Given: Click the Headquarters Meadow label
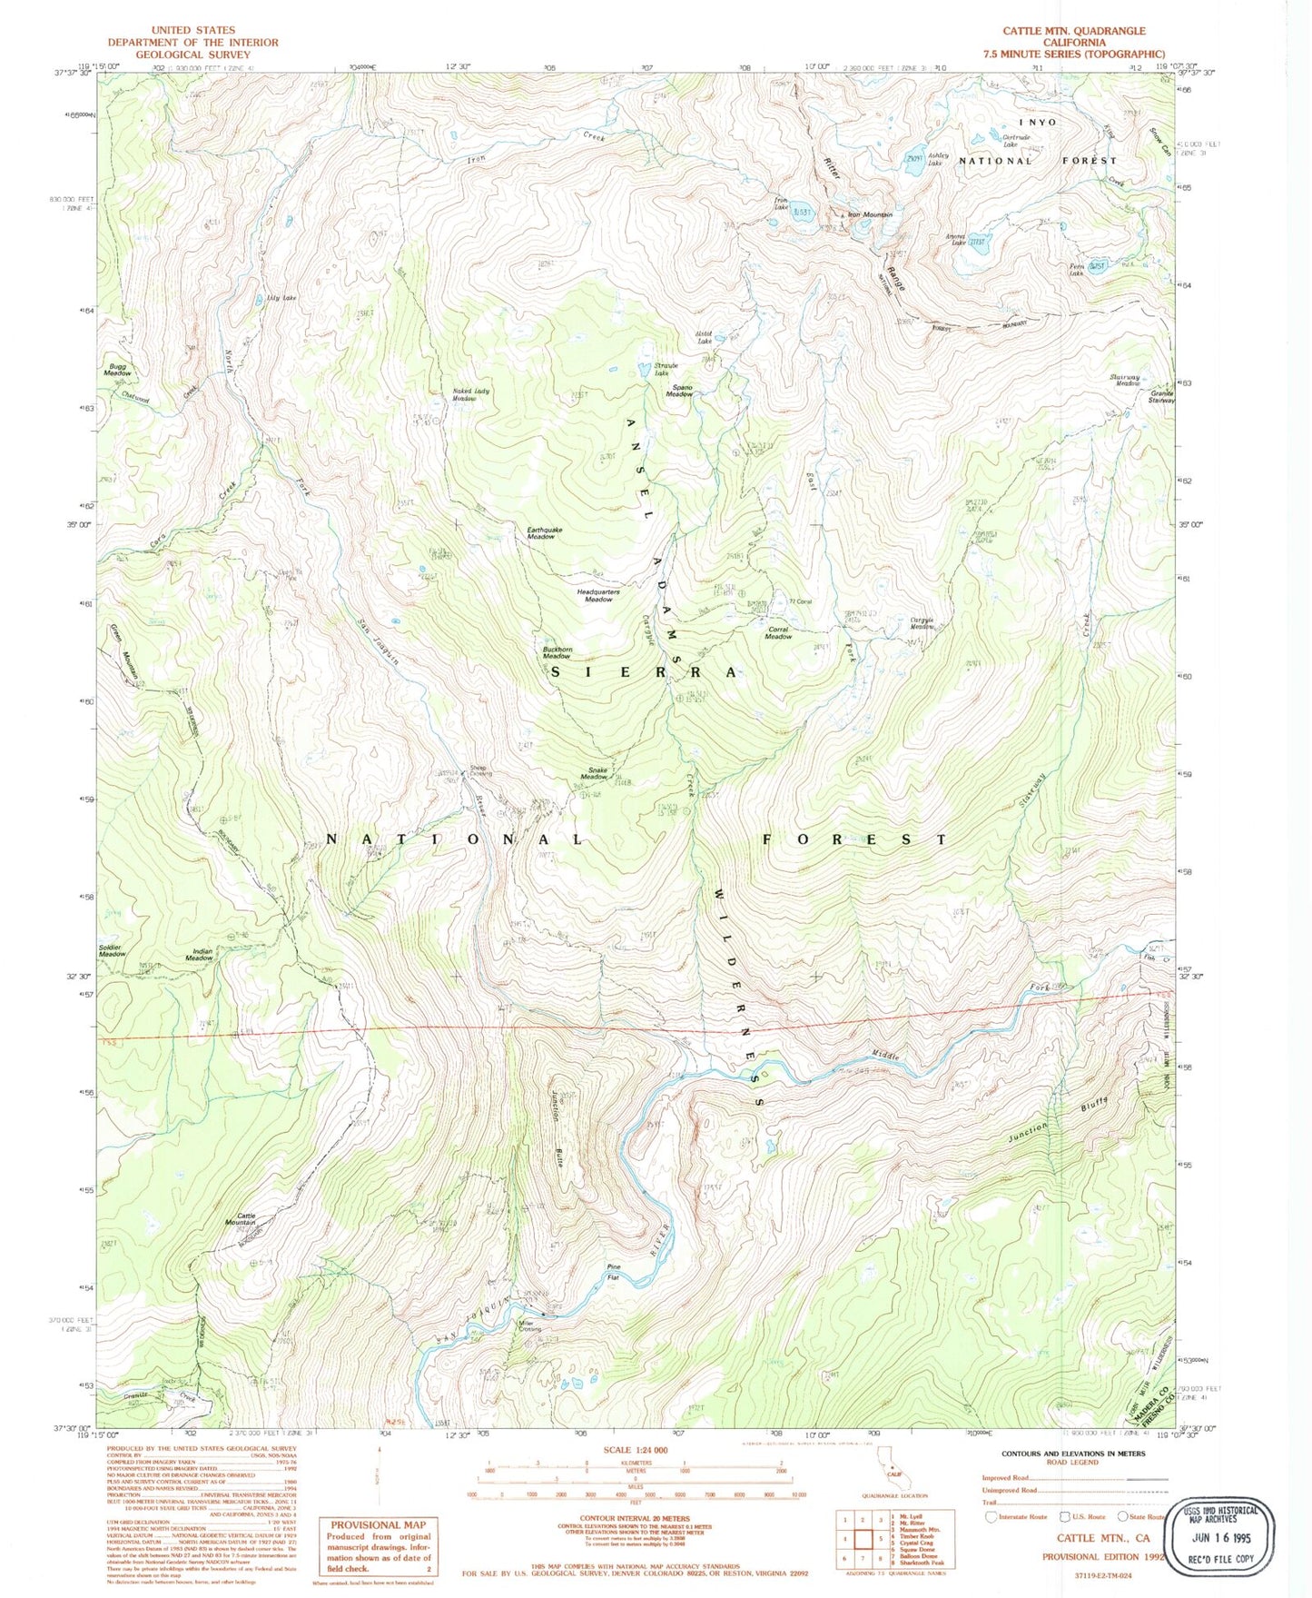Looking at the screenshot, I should [x=598, y=595].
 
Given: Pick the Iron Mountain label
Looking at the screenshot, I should [x=869, y=215].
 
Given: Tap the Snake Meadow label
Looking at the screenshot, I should [x=594, y=774].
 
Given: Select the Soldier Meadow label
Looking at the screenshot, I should [x=112, y=950].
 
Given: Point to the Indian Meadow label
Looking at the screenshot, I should [x=200, y=955].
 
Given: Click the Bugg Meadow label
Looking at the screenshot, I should [x=117, y=370].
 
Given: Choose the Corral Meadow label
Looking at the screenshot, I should [x=778, y=632].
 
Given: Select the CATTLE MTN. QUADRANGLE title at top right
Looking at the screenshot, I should [x=1073, y=31].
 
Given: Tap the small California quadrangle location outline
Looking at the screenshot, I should [x=884, y=1478].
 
